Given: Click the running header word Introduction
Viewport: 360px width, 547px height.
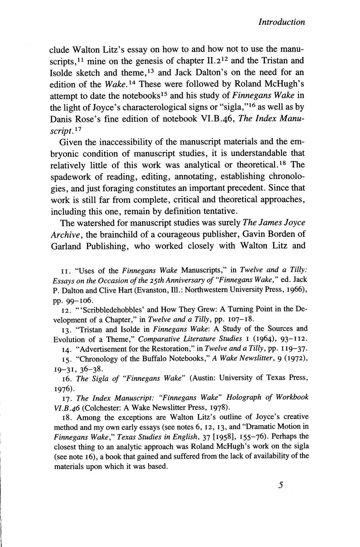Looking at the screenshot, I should pyautogui.click(x=281, y=22).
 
